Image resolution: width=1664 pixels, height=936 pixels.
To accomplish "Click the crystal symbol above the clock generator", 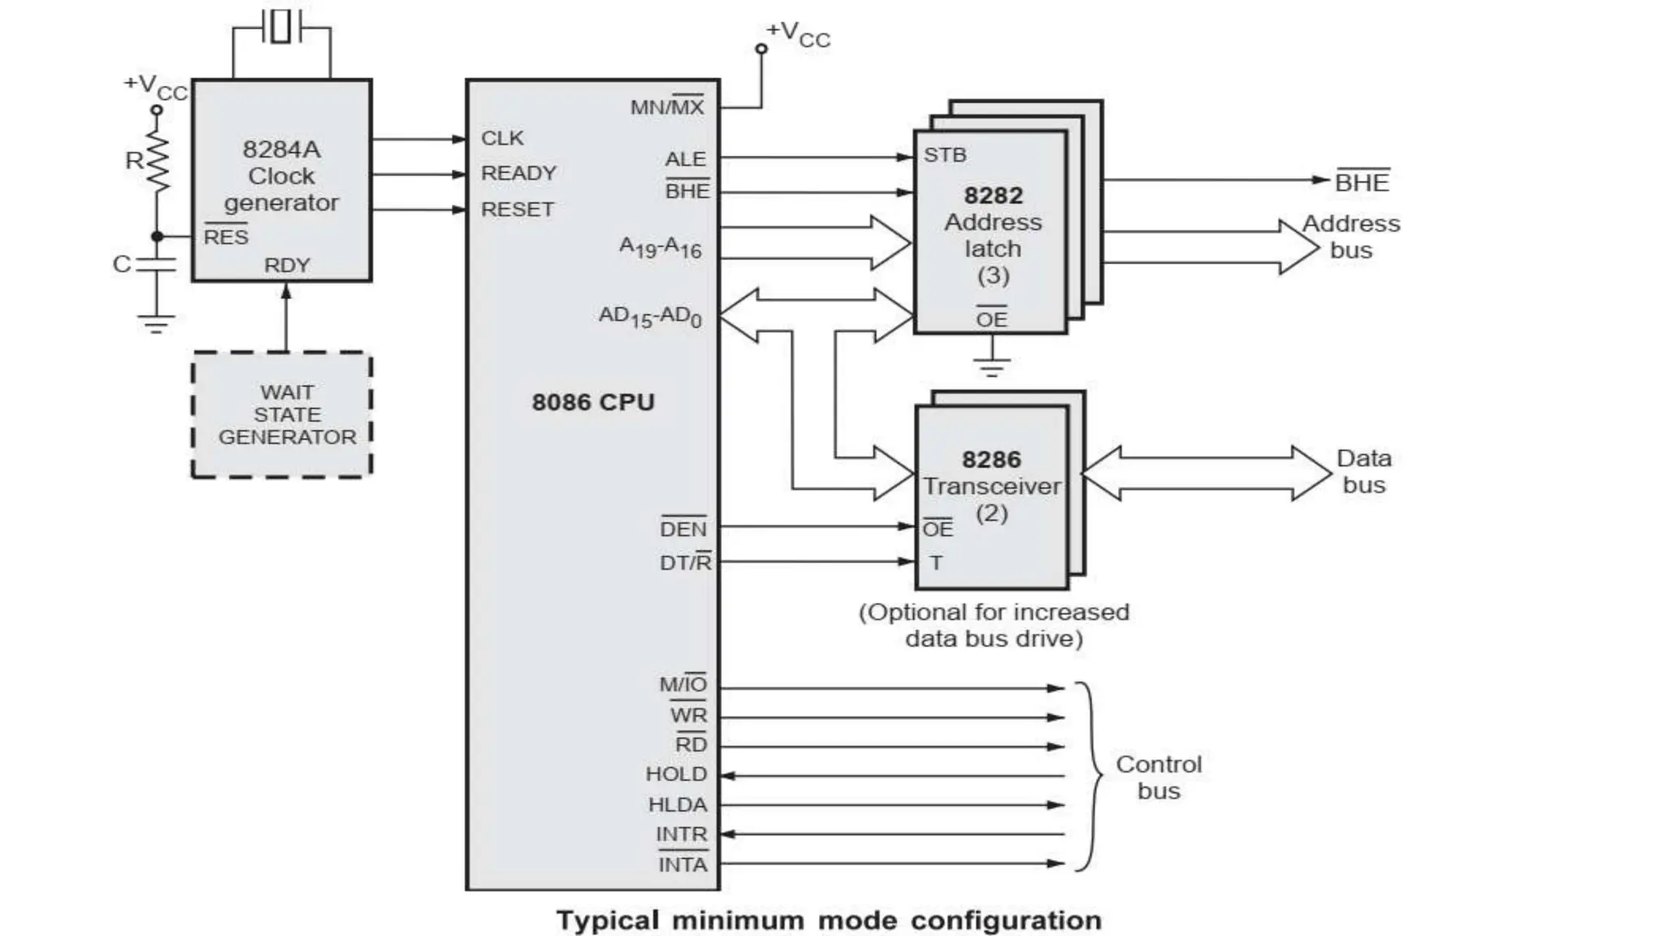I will (x=281, y=27).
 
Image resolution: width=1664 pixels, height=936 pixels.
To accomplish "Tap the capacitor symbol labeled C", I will (x=156, y=264).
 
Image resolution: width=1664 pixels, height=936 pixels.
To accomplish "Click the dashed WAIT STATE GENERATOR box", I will (x=282, y=414).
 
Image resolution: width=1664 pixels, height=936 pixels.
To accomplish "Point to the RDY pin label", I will (x=287, y=266).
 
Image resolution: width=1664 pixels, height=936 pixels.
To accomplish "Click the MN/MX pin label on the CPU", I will (x=667, y=107).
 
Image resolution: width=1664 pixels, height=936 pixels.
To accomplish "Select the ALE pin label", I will (x=686, y=159).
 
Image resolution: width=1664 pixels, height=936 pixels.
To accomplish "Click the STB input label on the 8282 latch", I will (x=945, y=155).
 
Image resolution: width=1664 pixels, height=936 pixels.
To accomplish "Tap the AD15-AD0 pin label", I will (x=650, y=316).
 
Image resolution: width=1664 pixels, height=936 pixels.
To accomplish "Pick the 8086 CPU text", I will (x=593, y=402).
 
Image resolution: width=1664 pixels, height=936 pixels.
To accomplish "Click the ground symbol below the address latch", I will (x=991, y=366).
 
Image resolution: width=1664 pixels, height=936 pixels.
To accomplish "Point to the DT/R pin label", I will (x=685, y=562).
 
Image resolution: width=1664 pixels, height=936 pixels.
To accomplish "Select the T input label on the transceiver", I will (x=936, y=562).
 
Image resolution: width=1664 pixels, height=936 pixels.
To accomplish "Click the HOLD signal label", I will (x=676, y=774).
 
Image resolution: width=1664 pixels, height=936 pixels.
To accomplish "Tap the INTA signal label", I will (x=682, y=864).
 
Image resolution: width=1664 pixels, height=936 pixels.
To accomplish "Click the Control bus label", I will (x=1159, y=777).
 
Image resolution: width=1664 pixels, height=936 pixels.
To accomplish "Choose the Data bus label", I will (x=1363, y=471).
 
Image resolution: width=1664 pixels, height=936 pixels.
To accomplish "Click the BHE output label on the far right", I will (x=1363, y=183).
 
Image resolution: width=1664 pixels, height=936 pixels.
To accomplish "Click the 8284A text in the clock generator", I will (x=281, y=149).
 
